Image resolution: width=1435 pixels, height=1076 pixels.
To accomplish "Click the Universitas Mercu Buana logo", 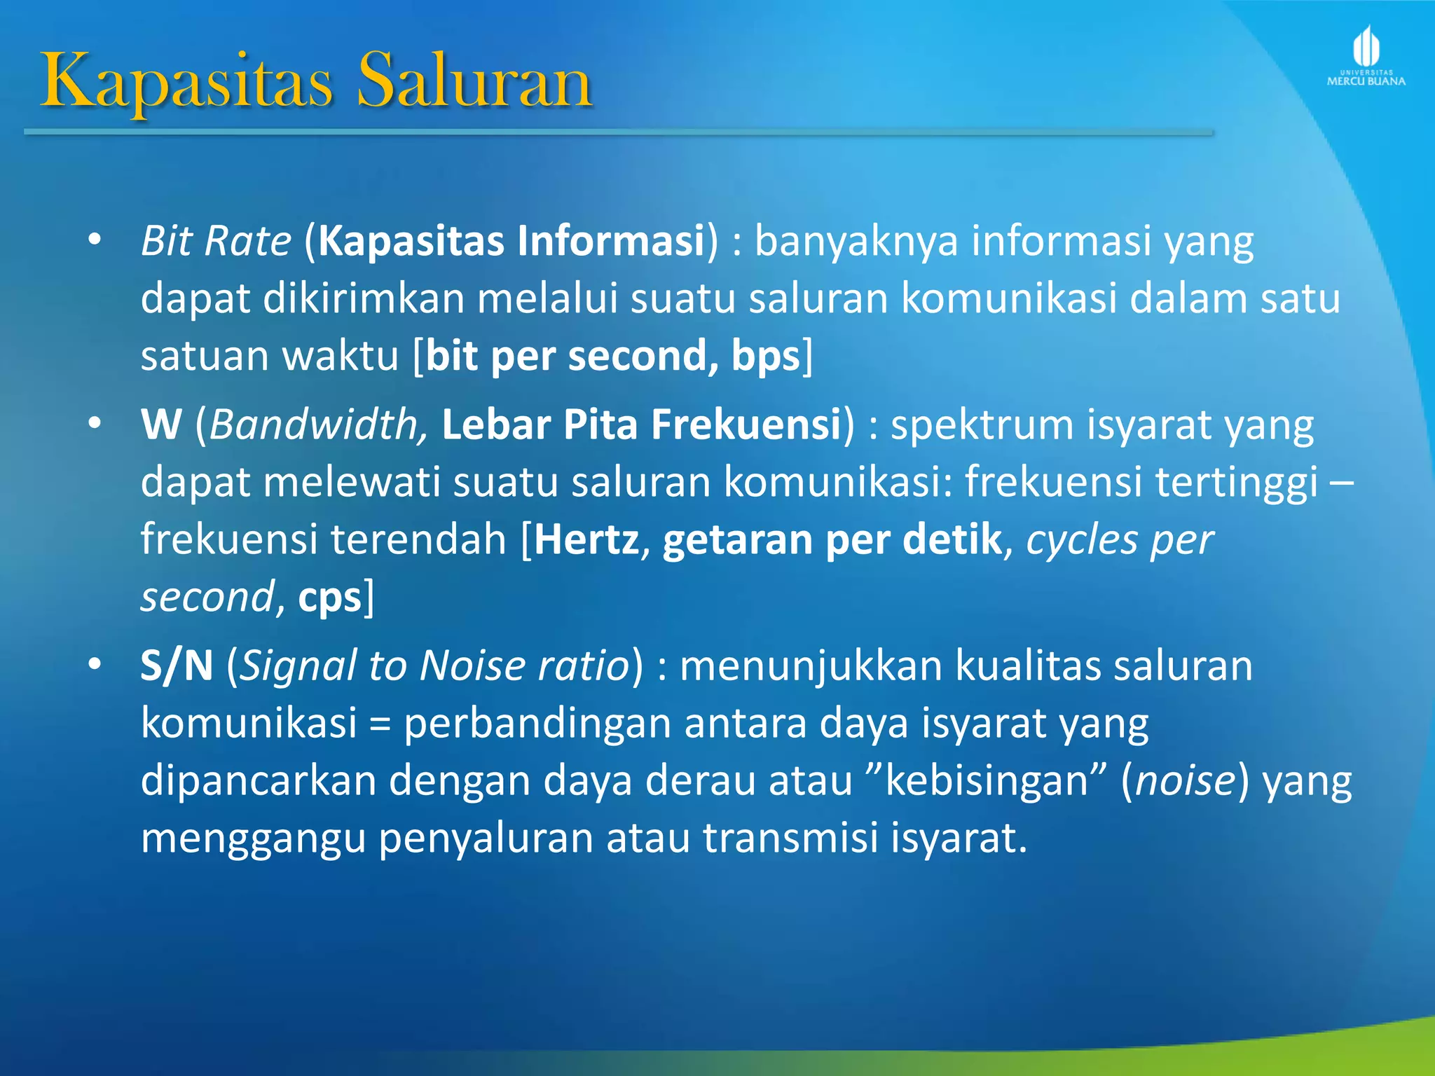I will pyautogui.click(x=1366, y=56).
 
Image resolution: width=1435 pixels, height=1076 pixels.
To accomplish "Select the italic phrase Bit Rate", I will pyautogui.click(x=216, y=241).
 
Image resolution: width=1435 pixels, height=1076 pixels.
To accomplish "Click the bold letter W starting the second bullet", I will pyautogui.click(x=161, y=425).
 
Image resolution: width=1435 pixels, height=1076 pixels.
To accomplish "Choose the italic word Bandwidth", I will pyautogui.click(x=314, y=425).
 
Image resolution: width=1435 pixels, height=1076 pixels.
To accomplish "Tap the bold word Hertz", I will pyautogui.click(x=586, y=539).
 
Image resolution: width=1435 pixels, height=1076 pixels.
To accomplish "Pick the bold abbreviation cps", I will pyautogui.click(x=329, y=598).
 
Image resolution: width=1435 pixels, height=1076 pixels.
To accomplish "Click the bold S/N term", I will pyautogui.click(x=177, y=665).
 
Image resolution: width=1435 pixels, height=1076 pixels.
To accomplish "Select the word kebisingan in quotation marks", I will pyautogui.click(x=987, y=780).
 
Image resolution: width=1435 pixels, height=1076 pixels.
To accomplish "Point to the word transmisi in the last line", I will pyautogui.click(x=790, y=838).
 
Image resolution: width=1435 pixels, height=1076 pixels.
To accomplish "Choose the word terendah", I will pyautogui.click(x=418, y=539).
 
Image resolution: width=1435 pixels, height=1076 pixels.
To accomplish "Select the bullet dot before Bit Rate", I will pyautogui.click(x=95, y=240).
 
